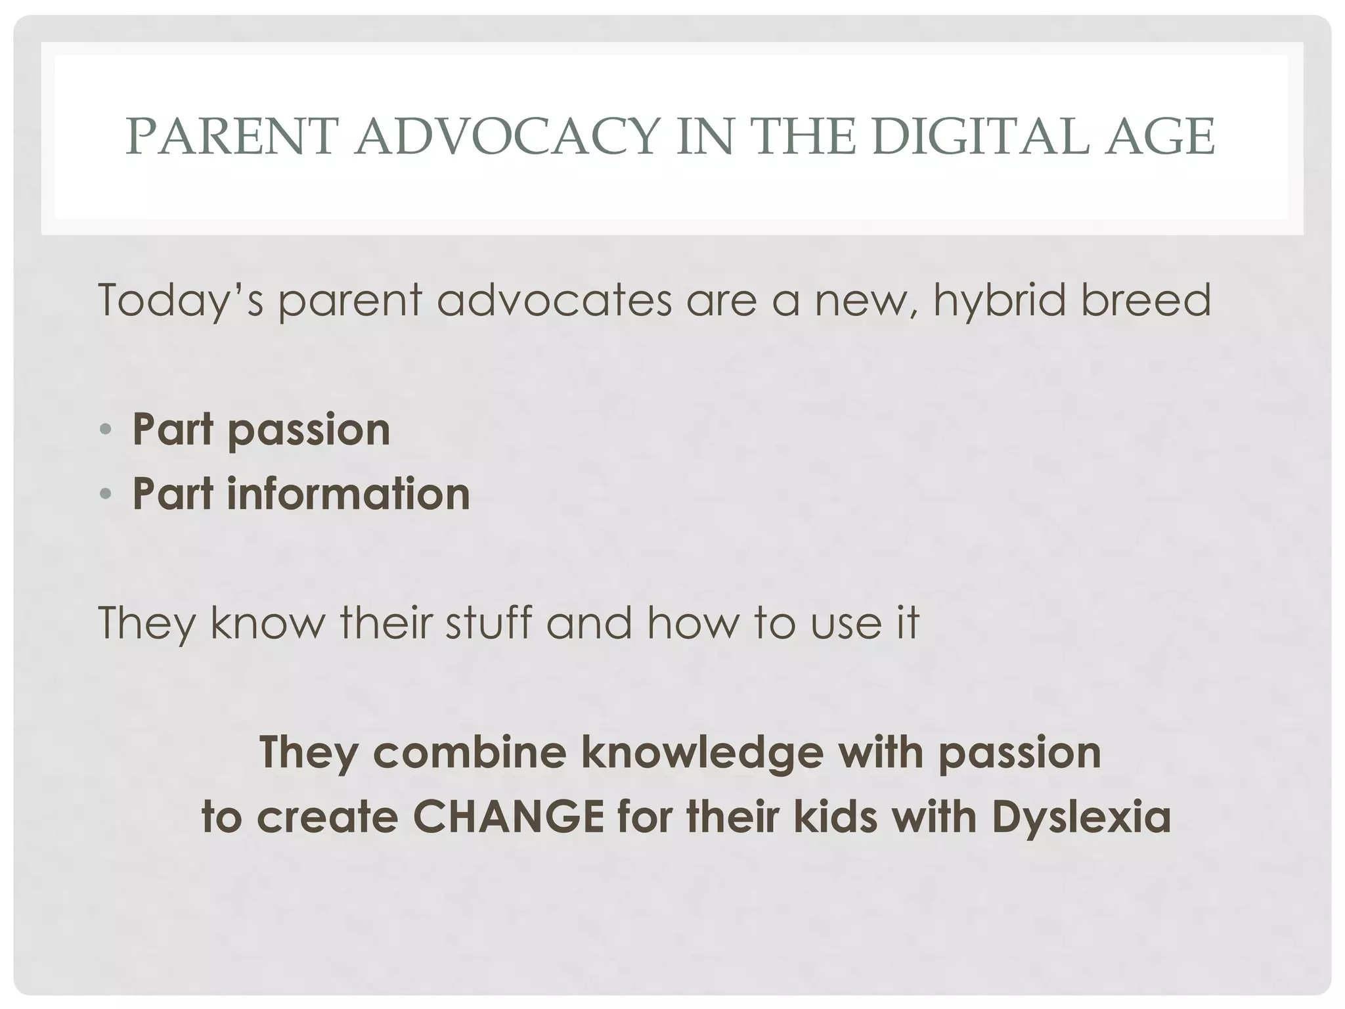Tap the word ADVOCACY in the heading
tap(506, 137)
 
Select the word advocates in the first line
tap(554, 300)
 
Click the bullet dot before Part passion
tap(106, 431)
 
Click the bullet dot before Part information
tap(106, 495)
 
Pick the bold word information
tap(348, 494)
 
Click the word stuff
tap(488, 622)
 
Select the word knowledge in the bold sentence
tap(702, 752)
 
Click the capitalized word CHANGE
tap(508, 817)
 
